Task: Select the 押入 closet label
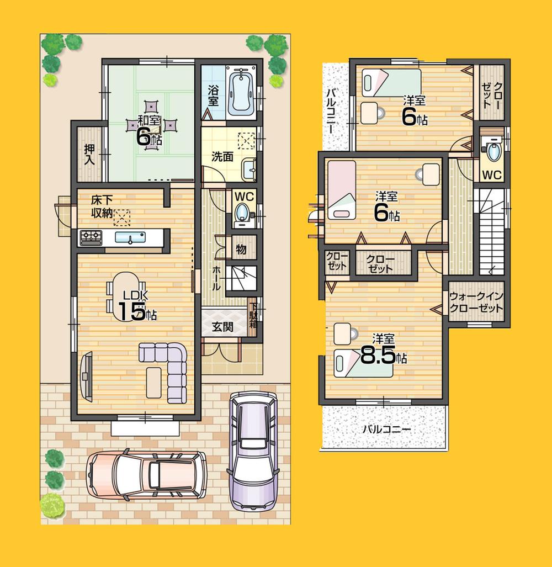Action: coord(89,155)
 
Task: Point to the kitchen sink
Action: coord(130,238)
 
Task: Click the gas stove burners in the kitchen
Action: coord(91,238)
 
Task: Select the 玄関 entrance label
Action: coord(222,326)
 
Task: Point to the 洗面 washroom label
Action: coord(222,157)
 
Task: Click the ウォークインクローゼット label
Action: coord(476,302)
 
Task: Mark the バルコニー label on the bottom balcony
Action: coord(386,429)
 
